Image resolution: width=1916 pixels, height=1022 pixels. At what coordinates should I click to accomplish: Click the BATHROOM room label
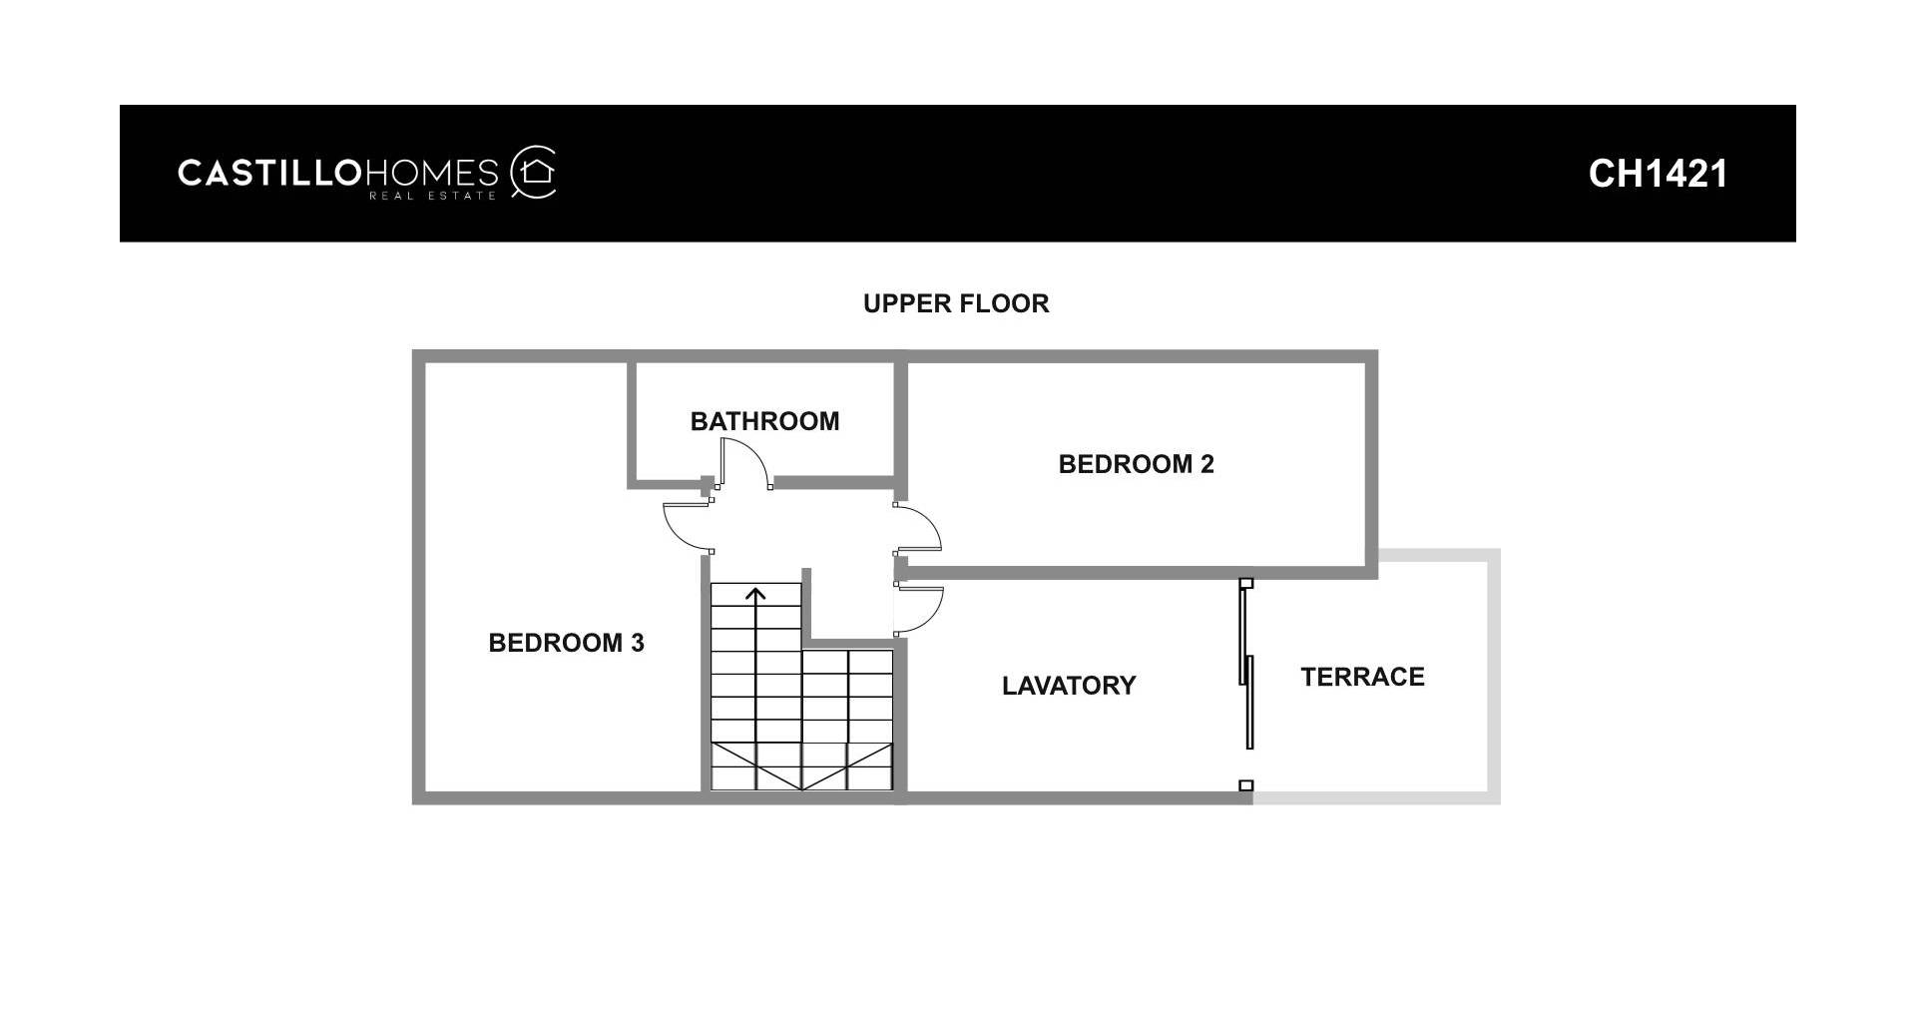(x=764, y=421)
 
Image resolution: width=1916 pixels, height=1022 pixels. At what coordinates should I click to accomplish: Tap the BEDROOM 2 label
(x=1136, y=464)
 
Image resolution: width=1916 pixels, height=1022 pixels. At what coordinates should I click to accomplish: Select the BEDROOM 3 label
(x=566, y=643)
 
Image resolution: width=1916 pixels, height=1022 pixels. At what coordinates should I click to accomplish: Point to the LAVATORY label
(x=1069, y=686)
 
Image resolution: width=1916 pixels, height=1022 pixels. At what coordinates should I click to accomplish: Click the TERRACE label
(x=1362, y=677)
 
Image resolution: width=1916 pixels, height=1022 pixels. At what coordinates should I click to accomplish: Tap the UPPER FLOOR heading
(x=956, y=303)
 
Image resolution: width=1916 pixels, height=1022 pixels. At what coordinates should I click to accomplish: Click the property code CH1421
(x=1658, y=174)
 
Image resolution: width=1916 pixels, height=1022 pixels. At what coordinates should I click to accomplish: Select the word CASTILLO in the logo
(x=268, y=173)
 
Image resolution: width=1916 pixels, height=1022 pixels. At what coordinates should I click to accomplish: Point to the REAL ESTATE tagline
(x=432, y=196)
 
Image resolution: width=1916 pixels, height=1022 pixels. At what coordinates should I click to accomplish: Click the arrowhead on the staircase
(x=755, y=595)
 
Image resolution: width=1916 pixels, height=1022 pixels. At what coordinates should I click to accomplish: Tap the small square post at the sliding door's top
(x=1245, y=583)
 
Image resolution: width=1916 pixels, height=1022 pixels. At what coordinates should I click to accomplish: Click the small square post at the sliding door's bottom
(x=1245, y=785)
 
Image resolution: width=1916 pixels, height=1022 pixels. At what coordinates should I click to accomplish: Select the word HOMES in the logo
(x=431, y=173)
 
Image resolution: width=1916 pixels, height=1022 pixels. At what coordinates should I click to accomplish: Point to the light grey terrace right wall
(x=1494, y=676)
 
